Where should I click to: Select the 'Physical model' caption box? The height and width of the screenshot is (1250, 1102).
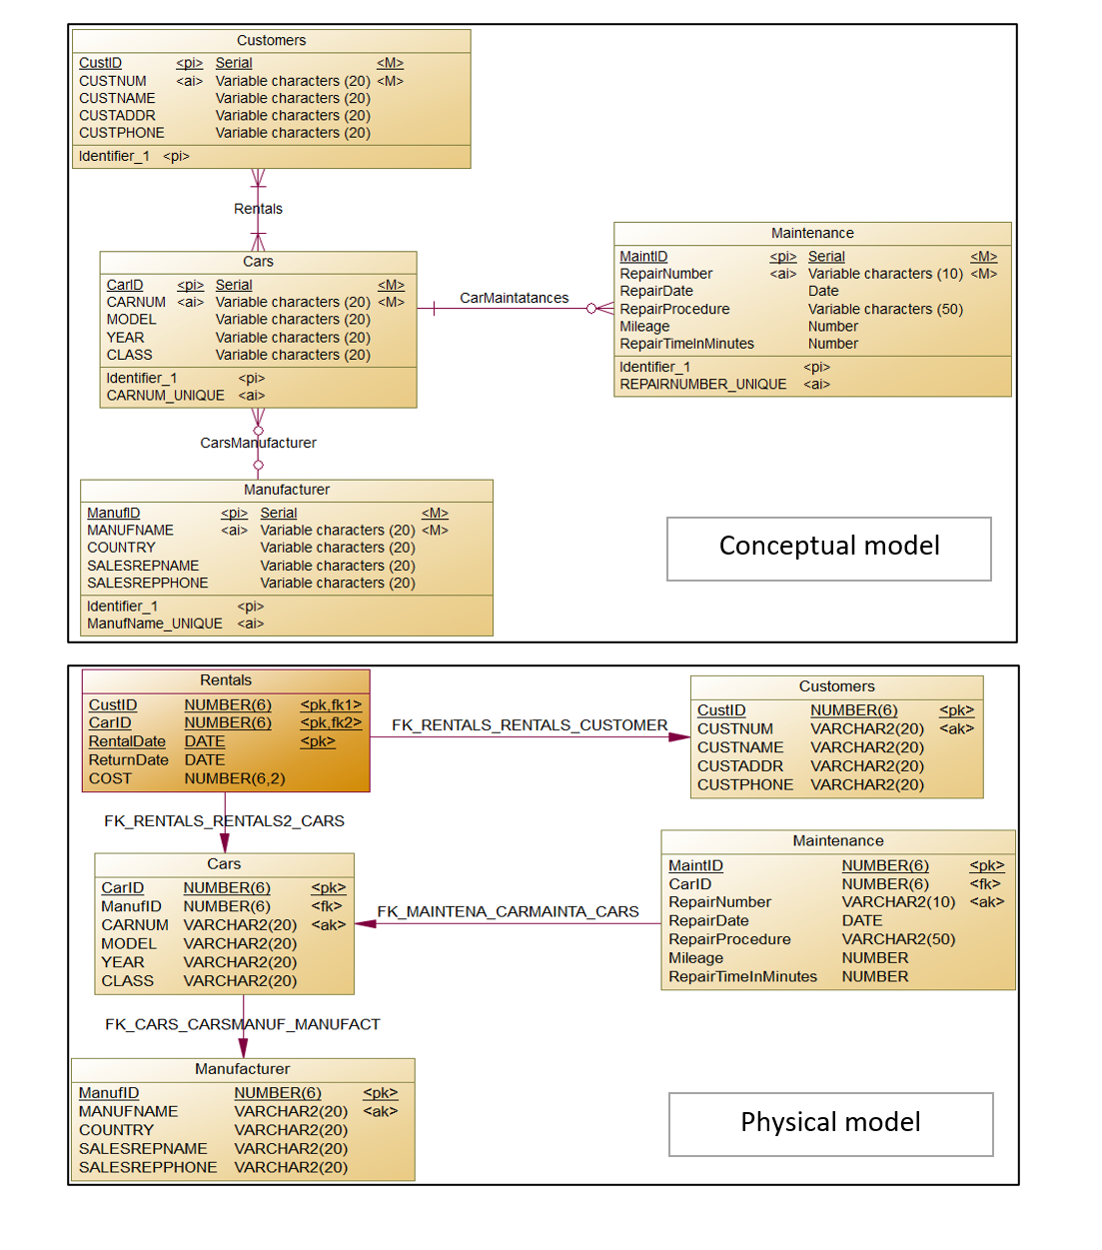pos(830,1123)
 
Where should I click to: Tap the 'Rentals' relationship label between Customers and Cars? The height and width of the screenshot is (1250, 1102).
pos(258,209)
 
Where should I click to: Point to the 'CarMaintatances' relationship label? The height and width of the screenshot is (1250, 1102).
pos(514,298)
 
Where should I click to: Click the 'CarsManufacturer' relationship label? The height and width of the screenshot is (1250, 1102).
pos(258,443)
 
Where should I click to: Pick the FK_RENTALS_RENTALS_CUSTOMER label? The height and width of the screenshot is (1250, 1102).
pos(529,725)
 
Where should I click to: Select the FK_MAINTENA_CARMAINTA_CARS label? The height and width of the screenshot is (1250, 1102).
pos(508,911)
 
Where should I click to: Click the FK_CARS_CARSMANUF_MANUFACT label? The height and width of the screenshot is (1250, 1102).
pos(243,1024)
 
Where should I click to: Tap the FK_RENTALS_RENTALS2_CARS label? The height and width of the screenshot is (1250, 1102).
pos(224,821)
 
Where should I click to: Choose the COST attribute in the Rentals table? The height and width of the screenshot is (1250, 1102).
pos(110,778)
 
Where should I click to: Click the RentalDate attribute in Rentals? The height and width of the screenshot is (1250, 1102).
pos(127,741)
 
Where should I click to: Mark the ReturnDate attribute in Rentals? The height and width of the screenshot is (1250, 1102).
pos(128,760)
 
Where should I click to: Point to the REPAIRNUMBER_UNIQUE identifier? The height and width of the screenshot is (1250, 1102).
pos(702,385)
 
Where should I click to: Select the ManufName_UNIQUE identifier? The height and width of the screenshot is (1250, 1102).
pos(154,624)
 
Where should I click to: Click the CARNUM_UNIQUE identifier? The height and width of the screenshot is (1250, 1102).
pos(165,396)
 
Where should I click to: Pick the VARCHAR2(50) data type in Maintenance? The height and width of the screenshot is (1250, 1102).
pos(898,939)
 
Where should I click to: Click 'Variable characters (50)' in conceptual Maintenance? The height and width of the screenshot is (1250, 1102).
pos(885,310)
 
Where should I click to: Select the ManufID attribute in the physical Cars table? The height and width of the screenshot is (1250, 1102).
pos(131,906)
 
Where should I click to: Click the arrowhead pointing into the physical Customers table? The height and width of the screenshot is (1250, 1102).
pos(679,737)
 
